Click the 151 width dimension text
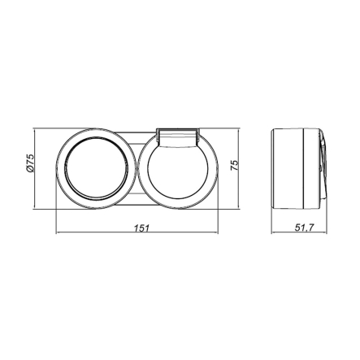(x=141, y=228)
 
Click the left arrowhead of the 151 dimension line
(x=59, y=236)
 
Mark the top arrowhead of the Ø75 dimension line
(x=38, y=130)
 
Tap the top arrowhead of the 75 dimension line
(x=242, y=130)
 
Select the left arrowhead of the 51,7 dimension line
(x=271, y=236)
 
